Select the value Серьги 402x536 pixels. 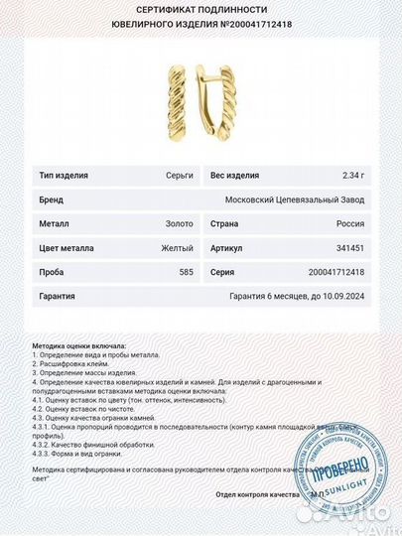180,176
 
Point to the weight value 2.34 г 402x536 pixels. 352,176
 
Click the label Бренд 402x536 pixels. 52,200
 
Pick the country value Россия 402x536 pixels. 350,223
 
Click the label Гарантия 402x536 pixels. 59,295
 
